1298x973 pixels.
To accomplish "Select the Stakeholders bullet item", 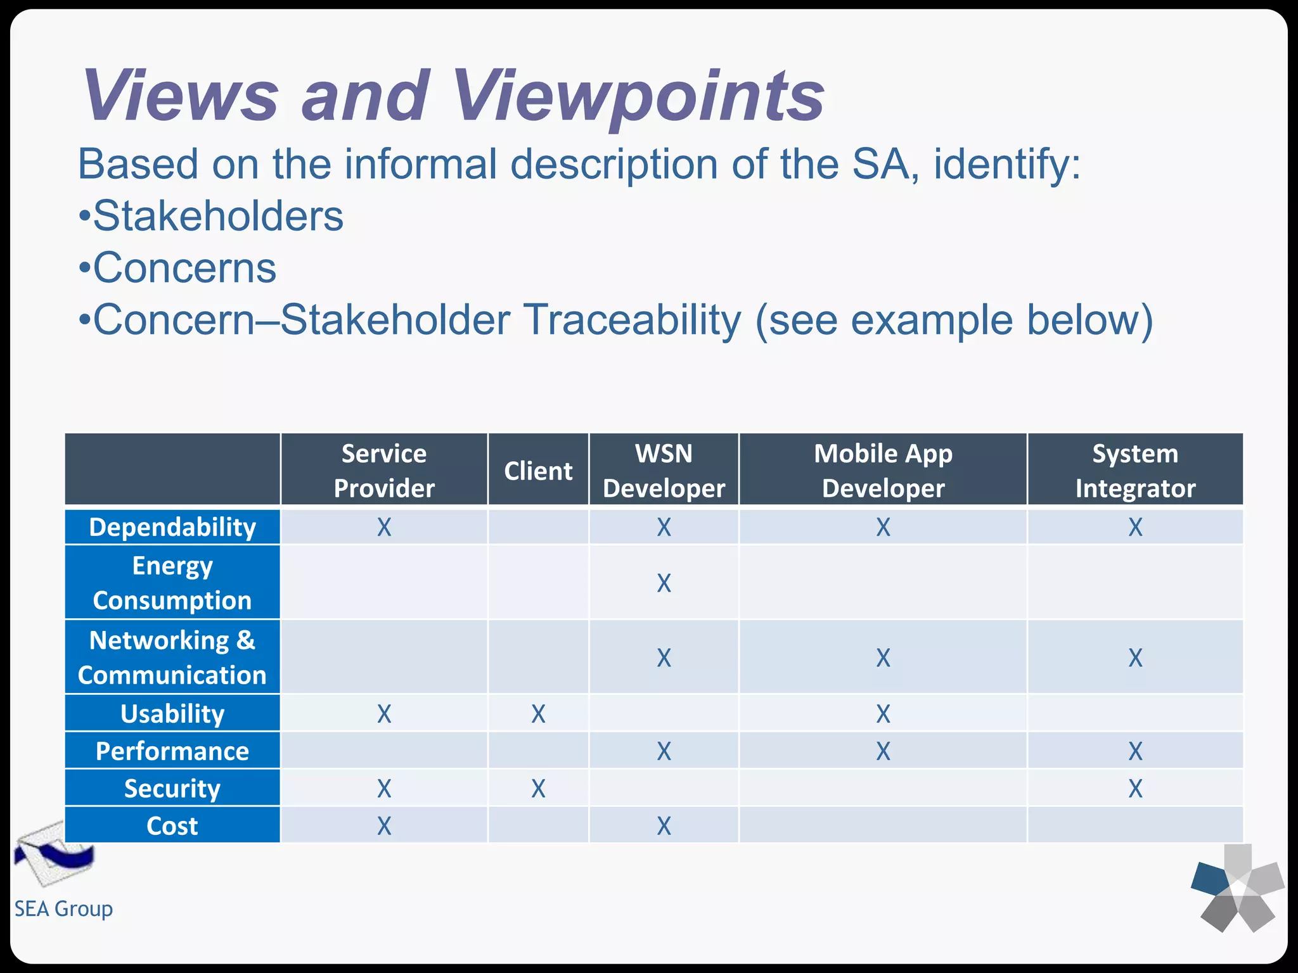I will pyautogui.click(x=211, y=216).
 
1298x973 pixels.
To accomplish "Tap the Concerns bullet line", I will pyautogui.click(x=178, y=267).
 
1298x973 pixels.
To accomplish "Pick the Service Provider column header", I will pyautogui.click(x=384, y=470).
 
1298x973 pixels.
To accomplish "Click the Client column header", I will pyautogui.click(x=538, y=471).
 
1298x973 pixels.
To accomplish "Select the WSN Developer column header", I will pyautogui.click(x=664, y=470).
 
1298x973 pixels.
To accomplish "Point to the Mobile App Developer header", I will pyautogui.click(x=883, y=470).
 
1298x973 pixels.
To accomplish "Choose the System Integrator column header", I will pyautogui.click(x=1135, y=470).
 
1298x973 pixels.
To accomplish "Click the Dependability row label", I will pyautogui.click(x=172, y=527).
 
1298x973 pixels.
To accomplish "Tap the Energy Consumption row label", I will pyautogui.click(x=172, y=582).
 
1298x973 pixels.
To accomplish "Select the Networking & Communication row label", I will pyautogui.click(x=172, y=657).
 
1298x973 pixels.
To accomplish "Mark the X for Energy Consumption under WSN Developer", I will pyautogui.click(x=664, y=583).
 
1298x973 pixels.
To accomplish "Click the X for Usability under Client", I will pyautogui.click(x=538, y=714).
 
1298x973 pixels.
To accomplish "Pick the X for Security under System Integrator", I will pyautogui.click(x=1135, y=789).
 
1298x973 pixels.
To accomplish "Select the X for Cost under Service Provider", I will pyautogui.click(x=384, y=826).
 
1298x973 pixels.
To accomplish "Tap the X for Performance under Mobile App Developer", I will pyautogui.click(x=883, y=751).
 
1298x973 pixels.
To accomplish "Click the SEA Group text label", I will pyautogui.click(x=63, y=908).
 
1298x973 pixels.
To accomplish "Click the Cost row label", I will pyautogui.click(x=172, y=826).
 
